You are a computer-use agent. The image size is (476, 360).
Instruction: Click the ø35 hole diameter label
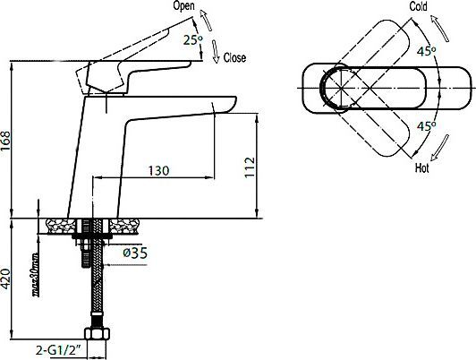coord(133,253)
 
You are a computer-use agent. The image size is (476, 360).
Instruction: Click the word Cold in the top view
coord(419,7)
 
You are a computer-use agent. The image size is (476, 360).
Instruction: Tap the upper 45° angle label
coord(426,52)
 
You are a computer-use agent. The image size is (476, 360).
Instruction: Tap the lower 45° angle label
coord(426,125)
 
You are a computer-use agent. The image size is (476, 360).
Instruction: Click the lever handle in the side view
coord(143,69)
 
